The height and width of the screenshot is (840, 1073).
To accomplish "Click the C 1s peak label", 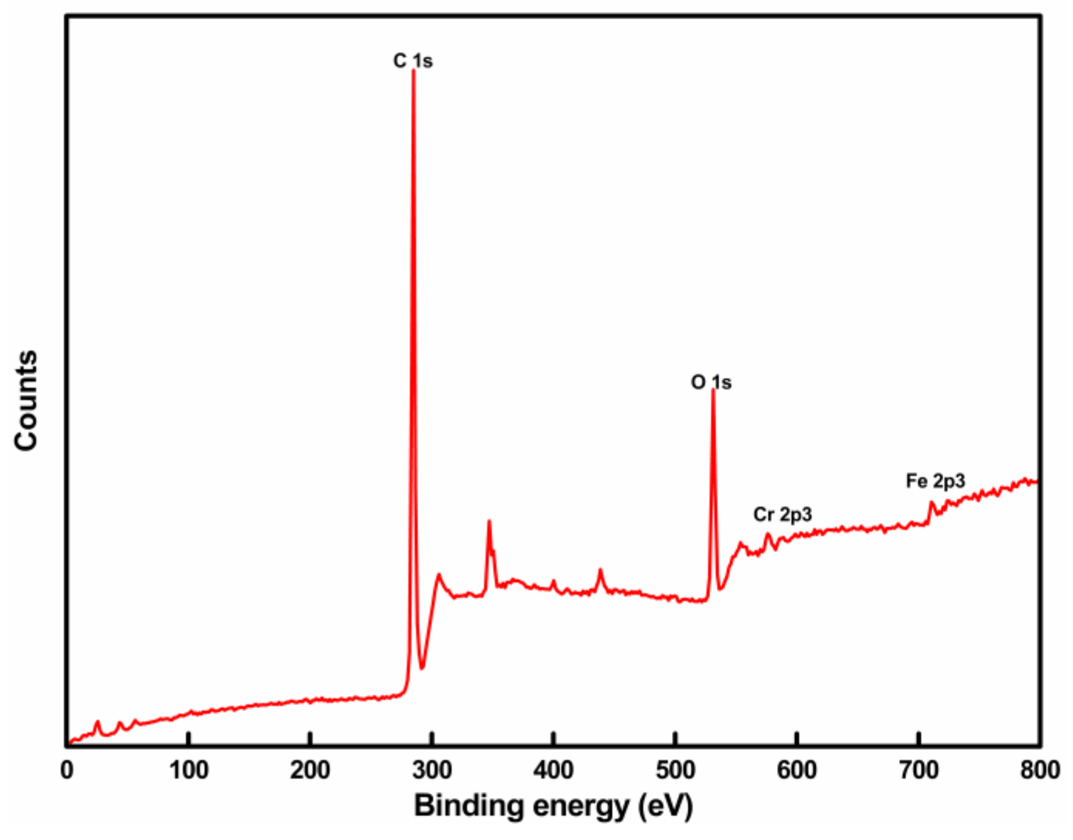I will (413, 61).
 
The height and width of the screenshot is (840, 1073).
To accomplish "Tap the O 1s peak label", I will (711, 382).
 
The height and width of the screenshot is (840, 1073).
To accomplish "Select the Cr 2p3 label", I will (782, 514).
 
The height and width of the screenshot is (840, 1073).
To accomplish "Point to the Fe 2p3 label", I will (935, 481).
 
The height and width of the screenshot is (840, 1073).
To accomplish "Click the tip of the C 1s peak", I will (413, 71).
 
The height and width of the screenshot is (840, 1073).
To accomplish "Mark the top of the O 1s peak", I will (713, 390).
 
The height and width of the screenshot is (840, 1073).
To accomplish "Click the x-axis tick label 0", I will (67, 771).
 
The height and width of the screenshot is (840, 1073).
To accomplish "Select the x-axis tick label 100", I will (189, 771).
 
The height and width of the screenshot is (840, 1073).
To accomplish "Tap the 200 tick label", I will (310, 771).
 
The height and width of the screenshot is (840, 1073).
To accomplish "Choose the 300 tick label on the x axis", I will (432, 771).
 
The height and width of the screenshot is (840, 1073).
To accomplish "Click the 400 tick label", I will (553, 771).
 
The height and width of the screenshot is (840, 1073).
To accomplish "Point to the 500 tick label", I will (675, 771).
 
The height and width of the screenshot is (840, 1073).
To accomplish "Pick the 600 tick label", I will (797, 771).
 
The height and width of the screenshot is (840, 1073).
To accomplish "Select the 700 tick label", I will (919, 771).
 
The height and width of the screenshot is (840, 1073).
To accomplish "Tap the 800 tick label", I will (1040, 771).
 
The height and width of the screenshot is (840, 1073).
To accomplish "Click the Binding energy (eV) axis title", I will (553, 806).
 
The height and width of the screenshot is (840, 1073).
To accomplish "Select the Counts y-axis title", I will (26, 400).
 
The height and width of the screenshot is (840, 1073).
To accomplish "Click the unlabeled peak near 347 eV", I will (489, 521).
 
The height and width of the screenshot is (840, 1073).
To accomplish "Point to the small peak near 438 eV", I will (600, 569).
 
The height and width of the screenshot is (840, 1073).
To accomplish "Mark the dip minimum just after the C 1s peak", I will (423, 669).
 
